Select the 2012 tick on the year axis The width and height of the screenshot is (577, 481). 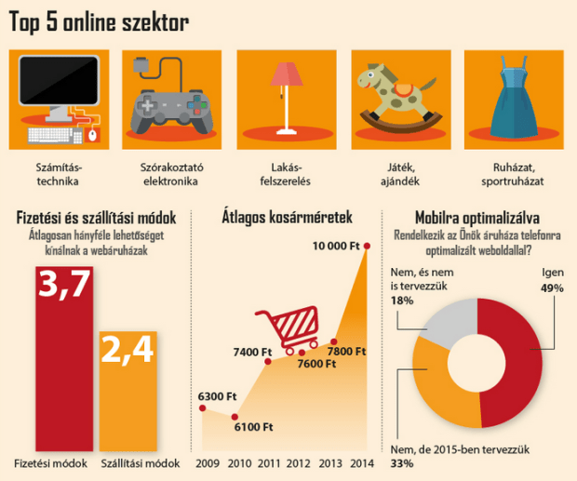[x=300, y=463]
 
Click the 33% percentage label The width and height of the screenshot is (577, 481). [x=402, y=463]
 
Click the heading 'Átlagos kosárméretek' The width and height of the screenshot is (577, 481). [x=286, y=219]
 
